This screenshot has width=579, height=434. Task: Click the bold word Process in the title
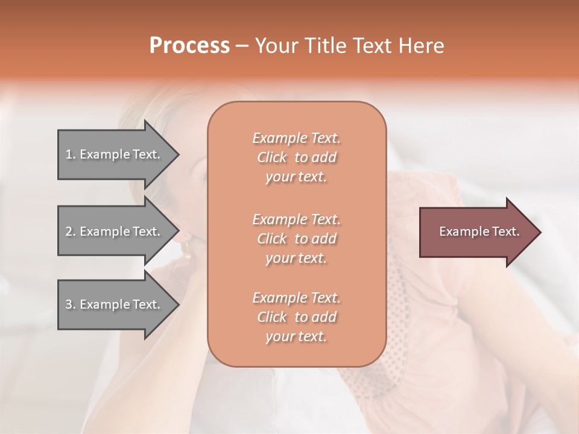coord(189,46)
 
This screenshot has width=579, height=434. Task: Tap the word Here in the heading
coord(421,46)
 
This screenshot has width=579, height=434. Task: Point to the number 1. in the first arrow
coord(71,154)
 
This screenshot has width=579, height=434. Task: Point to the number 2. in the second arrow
coord(71,231)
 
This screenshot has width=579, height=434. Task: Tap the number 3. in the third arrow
coord(71,304)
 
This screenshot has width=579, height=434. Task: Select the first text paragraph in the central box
coord(296,157)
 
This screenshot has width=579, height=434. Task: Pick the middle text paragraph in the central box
coord(296,238)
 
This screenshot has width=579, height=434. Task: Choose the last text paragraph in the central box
coord(296,317)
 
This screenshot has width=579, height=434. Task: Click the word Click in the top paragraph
coord(271,157)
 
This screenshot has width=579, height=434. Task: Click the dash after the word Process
coord(242,46)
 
